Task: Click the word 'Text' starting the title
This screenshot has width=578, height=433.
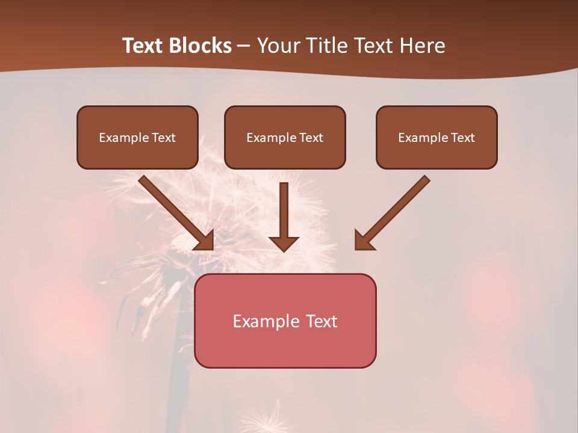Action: [x=143, y=46]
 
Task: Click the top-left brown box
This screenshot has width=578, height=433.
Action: [x=137, y=137]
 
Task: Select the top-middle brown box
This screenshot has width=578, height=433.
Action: [x=285, y=137]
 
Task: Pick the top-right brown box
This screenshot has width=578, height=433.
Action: [x=437, y=137]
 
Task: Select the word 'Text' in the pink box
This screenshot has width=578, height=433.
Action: [x=322, y=321]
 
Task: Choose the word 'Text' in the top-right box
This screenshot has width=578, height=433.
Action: [x=463, y=138]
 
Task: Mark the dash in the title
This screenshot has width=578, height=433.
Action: [x=244, y=46]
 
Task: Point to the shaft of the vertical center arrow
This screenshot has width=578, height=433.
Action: [x=284, y=207]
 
